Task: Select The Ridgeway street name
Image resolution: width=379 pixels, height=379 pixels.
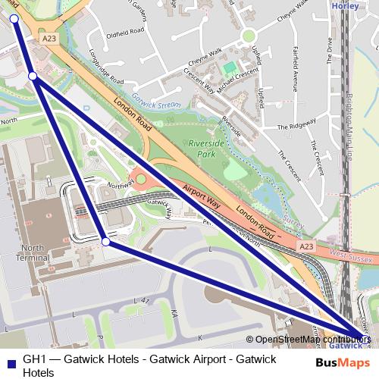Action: [293, 127]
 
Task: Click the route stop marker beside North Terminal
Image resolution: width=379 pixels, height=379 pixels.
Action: [105, 242]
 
